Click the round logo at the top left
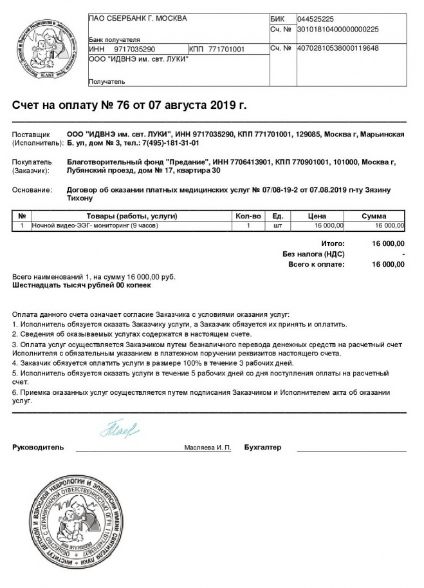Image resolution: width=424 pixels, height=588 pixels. [x=45, y=50]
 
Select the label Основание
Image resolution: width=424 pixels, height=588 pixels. [x=32, y=190]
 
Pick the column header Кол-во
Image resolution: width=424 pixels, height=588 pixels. [x=248, y=216]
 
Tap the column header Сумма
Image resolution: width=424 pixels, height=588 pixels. [x=374, y=216]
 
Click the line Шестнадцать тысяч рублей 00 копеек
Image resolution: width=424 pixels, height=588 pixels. [x=82, y=284]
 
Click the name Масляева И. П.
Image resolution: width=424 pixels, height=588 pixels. [x=207, y=446]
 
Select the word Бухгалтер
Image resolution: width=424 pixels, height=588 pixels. [x=263, y=446]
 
